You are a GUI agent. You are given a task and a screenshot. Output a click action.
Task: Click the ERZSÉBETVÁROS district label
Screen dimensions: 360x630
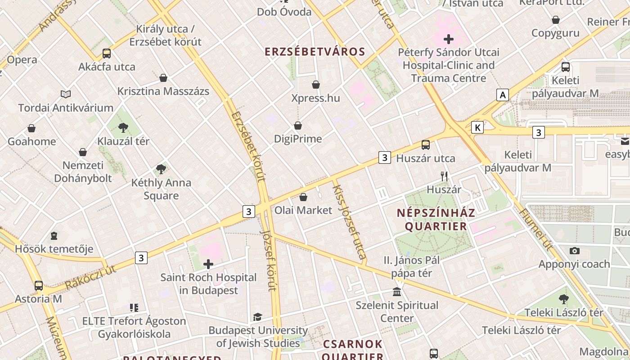point(315,52)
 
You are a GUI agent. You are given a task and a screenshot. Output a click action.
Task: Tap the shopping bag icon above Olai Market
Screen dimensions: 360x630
point(303,197)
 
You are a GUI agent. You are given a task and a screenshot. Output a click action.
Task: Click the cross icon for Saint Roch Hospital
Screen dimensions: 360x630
point(208,264)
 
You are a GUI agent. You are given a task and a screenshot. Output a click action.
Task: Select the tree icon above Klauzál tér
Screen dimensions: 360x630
point(123,128)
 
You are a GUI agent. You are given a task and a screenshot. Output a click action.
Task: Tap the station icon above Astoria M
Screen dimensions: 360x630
point(39,285)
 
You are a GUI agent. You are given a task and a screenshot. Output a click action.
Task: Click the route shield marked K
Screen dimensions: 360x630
point(477,128)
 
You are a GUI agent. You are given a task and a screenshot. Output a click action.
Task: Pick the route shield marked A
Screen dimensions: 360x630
point(503,95)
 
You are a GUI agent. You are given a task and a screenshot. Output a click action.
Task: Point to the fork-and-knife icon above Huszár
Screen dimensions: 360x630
point(444,176)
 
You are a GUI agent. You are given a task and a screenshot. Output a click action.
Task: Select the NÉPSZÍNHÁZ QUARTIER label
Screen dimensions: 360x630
point(436,219)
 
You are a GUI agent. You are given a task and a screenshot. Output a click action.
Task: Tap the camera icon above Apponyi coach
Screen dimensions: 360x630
point(574,251)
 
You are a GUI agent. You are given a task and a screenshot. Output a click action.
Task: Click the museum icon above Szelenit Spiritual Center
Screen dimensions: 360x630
point(397,292)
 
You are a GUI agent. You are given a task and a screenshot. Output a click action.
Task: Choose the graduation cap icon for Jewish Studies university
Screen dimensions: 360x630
point(257,317)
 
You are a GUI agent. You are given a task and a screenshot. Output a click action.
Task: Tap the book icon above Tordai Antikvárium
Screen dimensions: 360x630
point(66,94)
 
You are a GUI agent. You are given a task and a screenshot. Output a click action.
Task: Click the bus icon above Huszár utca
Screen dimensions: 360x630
point(426,145)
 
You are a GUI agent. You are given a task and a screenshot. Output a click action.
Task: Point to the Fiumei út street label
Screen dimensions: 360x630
point(535,229)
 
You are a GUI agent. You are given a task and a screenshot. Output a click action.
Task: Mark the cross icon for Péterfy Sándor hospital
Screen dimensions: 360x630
point(449,39)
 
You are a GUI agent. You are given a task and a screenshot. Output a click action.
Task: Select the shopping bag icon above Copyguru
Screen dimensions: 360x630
point(556,20)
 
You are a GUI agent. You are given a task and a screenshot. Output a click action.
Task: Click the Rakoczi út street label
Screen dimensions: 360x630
point(90,277)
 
